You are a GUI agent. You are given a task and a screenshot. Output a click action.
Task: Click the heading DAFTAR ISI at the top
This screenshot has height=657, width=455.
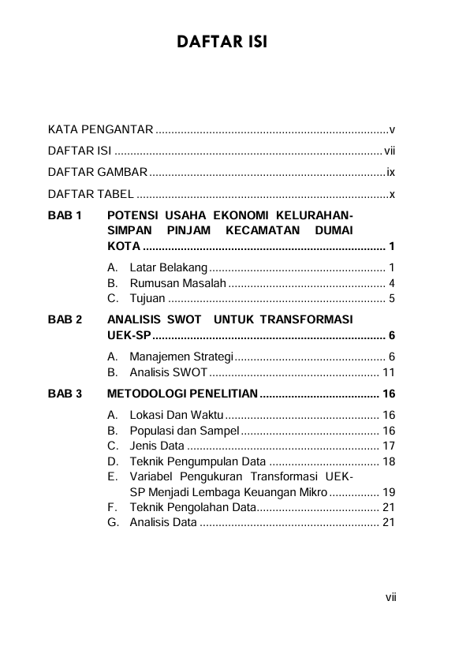(222, 41)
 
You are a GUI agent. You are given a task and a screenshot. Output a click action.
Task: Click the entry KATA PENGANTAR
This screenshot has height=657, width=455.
(100, 129)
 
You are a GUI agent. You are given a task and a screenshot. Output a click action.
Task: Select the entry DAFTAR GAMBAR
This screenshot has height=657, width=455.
(98, 172)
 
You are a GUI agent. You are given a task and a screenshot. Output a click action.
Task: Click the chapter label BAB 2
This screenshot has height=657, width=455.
(64, 320)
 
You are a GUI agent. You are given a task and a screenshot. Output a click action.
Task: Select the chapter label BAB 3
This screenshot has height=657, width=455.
(64, 394)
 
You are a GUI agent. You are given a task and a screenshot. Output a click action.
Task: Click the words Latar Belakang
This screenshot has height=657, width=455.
(168, 268)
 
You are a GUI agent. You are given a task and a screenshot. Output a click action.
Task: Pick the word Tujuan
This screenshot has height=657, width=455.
(147, 298)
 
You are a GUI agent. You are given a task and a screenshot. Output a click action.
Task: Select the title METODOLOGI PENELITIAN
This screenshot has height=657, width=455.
(182, 394)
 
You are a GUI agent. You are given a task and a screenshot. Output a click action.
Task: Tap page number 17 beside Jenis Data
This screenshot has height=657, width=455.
(388, 446)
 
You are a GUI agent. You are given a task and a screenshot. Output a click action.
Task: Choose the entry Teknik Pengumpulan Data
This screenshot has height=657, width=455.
(197, 461)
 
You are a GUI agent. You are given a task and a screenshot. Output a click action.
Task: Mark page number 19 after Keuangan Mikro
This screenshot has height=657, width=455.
(388, 491)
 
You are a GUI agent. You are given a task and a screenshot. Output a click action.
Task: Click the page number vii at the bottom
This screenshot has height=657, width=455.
(390, 597)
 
